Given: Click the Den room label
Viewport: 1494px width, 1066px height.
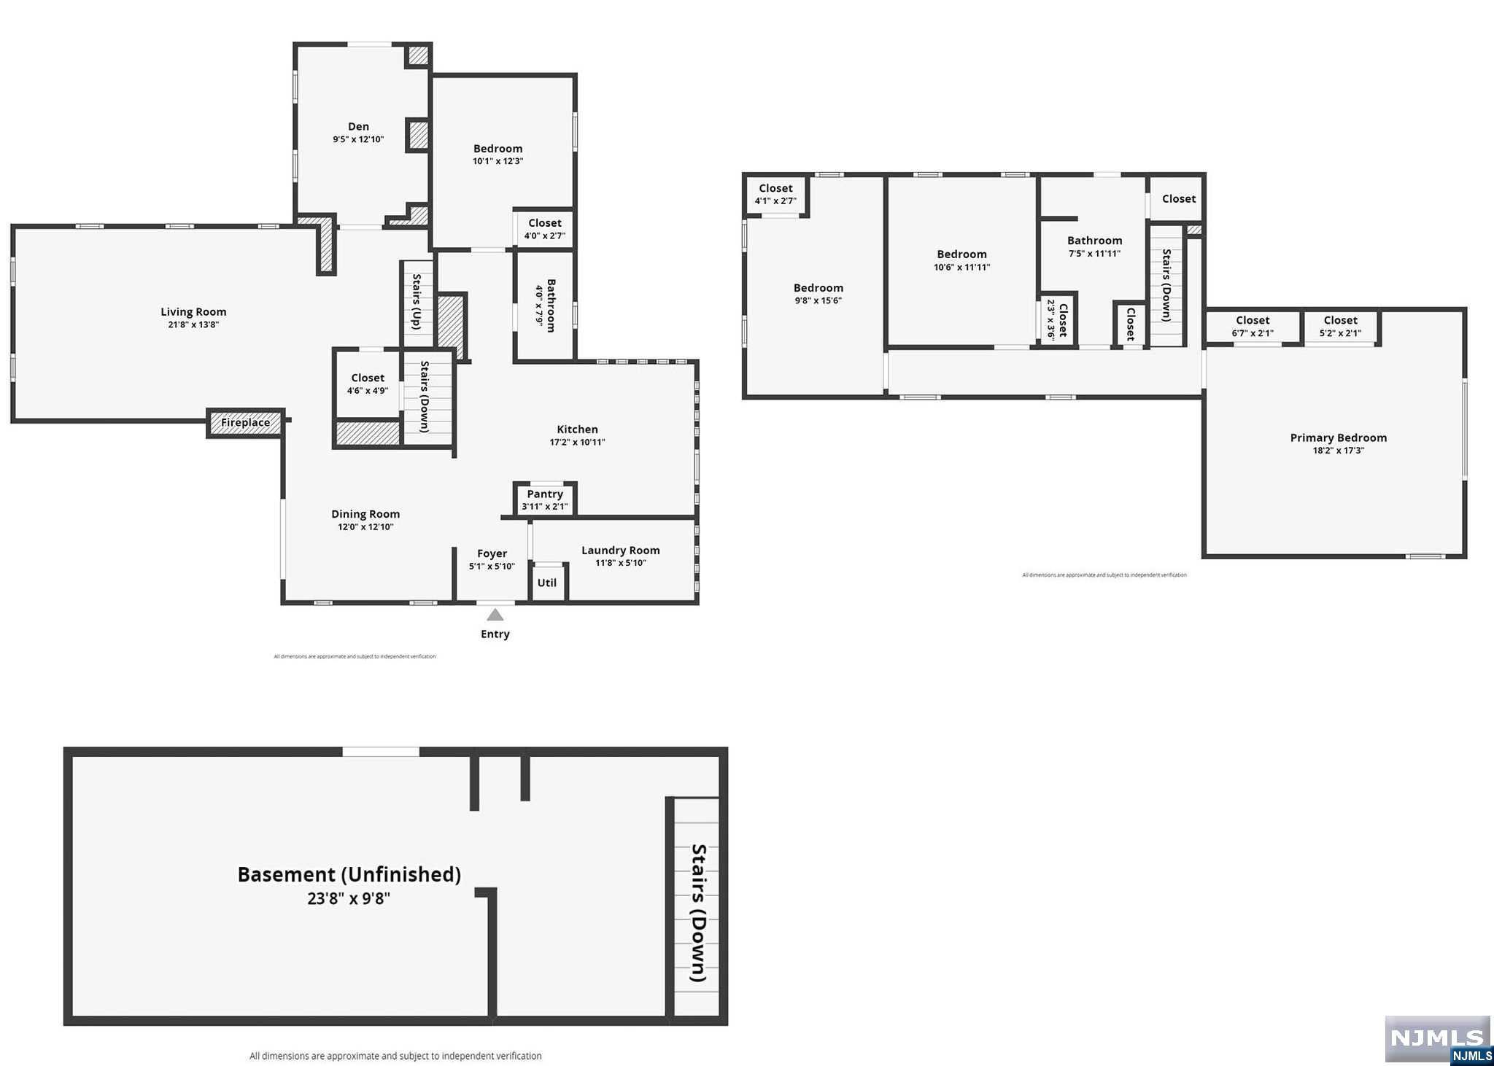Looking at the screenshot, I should click(358, 127).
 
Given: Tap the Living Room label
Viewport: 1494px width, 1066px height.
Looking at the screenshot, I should click(193, 312).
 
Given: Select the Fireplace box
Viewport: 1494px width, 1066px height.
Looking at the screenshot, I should click(245, 423).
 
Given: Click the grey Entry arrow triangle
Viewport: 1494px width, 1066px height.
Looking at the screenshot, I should click(495, 615).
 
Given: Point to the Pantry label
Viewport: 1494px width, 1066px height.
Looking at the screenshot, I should click(545, 494).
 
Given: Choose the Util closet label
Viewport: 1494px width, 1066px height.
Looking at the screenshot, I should click(547, 583).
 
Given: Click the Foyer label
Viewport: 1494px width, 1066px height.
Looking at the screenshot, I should click(492, 553).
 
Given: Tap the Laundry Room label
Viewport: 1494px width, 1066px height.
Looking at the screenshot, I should click(620, 550).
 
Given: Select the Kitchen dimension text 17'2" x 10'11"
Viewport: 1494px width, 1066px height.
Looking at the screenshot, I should click(577, 442).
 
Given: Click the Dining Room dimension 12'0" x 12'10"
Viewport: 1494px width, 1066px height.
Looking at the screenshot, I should click(365, 526).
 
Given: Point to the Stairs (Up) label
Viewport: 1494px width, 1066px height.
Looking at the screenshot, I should click(417, 302).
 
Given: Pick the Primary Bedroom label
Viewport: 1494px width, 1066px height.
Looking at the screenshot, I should click(1338, 437).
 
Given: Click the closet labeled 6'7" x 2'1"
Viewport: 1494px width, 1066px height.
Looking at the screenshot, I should click(1252, 326).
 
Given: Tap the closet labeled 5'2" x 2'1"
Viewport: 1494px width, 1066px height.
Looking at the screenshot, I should click(1340, 326).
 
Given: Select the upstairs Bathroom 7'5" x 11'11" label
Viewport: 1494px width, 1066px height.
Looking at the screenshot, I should click(1094, 246).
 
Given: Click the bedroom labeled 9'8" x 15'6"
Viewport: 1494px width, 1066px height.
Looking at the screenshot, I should click(818, 294).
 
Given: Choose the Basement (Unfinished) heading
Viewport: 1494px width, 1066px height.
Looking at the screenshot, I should click(349, 874).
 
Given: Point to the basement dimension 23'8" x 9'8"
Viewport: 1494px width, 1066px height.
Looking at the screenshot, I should click(349, 898).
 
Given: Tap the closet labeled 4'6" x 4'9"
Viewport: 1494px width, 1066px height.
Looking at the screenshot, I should click(367, 384).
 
